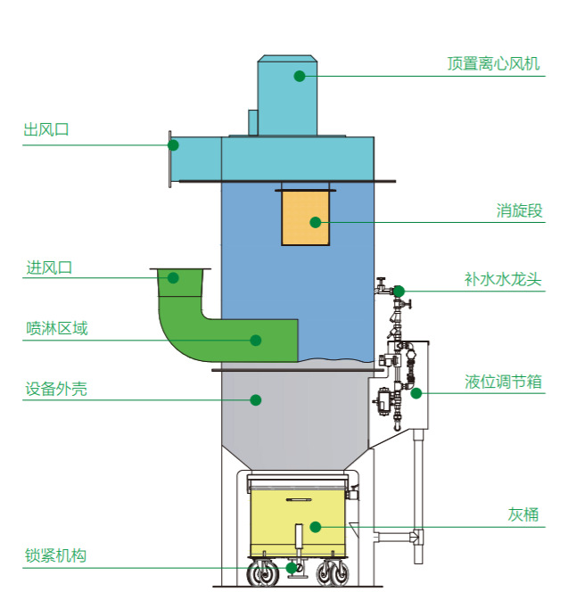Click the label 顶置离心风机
pyautogui.click(x=493, y=64)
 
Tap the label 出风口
pyautogui.click(x=46, y=130)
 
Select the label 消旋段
pyautogui.click(x=519, y=211)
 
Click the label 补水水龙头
pyautogui.click(x=502, y=280)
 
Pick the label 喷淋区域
pyautogui.click(x=57, y=329)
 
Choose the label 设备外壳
pyautogui.click(x=57, y=390)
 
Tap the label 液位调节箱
pyautogui.click(x=504, y=382)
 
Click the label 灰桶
pyautogui.click(x=523, y=515)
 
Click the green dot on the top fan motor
pyautogui.click(x=300, y=76)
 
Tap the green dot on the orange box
pyautogui.click(x=314, y=222)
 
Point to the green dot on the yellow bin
pyautogui.click(x=314, y=527)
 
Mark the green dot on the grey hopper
pyautogui.click(x=255, y=400)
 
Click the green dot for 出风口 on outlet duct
pyautogui.click(x=173, y=144)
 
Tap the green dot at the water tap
pyautogui.click(x=399, y=291)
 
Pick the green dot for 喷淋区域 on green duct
pyautogui.click(x=255, y=340)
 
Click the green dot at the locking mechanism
pyautogui.click(x=291, y=568)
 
